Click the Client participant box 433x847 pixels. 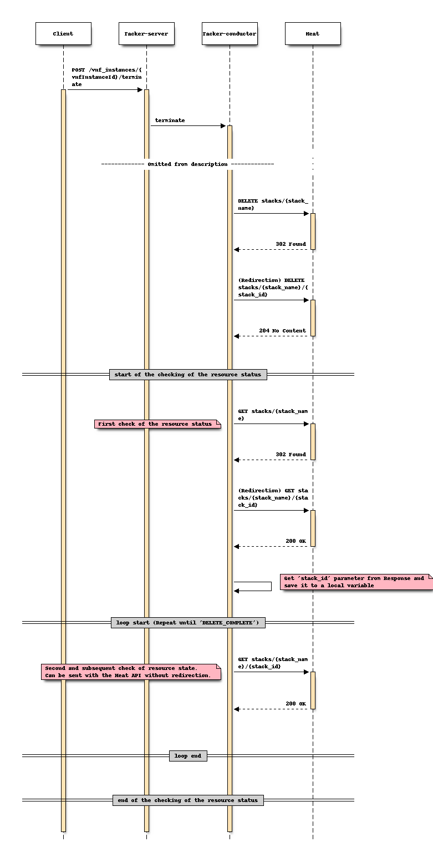tap(63, 34)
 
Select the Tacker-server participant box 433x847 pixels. tap(146, 34)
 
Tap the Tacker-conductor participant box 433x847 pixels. tap(230, 34)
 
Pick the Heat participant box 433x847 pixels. tap(313, 34)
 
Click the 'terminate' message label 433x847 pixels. tap(170, 120)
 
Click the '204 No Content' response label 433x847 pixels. tap(282, 331)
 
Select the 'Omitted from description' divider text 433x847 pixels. tap(187, 164)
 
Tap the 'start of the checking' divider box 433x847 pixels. tap(188, 375)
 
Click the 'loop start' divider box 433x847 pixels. tap(188, 623)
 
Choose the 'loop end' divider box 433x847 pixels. tap(188, 756)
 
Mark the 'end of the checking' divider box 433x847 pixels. tap(188, 800)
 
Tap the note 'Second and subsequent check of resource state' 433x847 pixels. tap(131, 672)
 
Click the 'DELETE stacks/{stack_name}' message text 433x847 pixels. tap(273, 204)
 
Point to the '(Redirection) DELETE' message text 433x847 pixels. tap(271, 288)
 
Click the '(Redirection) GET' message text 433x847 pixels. tap(273, 498)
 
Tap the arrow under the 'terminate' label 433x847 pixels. tap(187, 126)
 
